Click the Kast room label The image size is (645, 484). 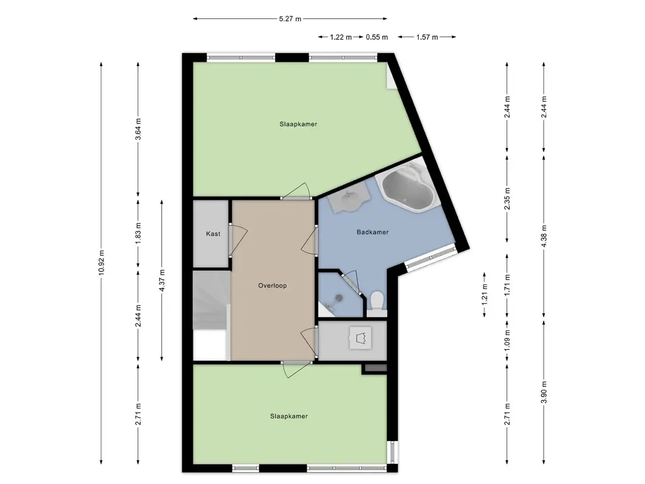tap(213, 234)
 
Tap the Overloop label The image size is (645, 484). tap(272, 285)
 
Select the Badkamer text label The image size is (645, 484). tap(373, 232)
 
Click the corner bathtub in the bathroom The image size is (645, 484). tap(408, 187)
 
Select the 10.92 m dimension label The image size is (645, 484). tap(101, 263)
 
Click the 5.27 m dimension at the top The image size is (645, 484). tap(290, 18)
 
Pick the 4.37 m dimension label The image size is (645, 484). tap(162, 280)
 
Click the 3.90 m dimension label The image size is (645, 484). tap(544, 392)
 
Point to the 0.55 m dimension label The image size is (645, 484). tap(377, 37)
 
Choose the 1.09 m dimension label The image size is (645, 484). tap(507, 341)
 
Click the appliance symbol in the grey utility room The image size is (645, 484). tap(361, 338)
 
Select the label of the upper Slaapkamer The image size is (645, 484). tap(298, 124)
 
